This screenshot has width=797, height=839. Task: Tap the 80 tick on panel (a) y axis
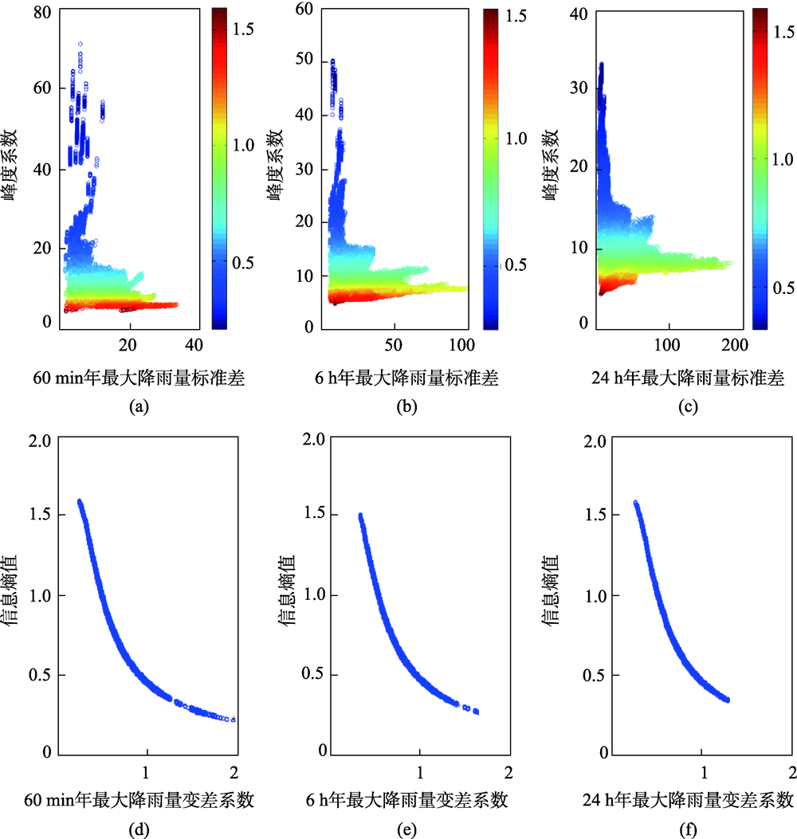tap(42, 13)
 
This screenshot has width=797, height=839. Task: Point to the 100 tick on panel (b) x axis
tap(462, 345)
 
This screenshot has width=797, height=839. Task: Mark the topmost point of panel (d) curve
tap(79, 501)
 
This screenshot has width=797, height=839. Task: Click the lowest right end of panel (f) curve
tap(727, 700)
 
